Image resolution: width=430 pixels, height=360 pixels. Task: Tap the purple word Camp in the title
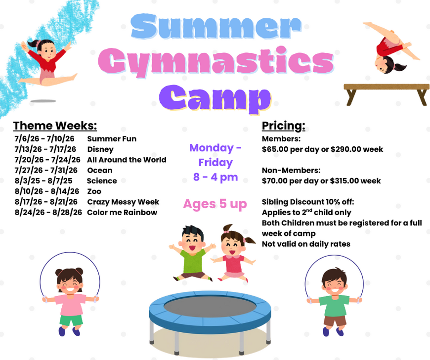(x=215, y=98)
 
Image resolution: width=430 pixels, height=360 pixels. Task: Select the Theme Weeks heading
(x=55, y=126)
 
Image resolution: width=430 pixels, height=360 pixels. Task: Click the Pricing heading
(x=284, y=126)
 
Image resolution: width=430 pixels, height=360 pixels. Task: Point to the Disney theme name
(x=100, y=149)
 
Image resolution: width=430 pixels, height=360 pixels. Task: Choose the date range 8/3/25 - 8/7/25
(x=43, y=181)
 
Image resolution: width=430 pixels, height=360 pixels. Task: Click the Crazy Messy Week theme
(x=123, y=202)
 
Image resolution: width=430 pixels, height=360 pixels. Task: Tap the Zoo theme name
(x=94, y=191)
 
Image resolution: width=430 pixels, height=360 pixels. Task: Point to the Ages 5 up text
(x=215, y=204)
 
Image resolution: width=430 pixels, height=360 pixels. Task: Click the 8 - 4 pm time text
(x=215, y=177)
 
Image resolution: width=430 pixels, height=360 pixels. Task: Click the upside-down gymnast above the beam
(x=391, y=48)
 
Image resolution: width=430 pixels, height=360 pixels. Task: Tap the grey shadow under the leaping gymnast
(x=43, y=101)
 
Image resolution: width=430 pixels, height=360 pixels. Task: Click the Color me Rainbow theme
(x=122, y=212)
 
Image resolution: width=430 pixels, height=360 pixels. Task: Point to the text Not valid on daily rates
(x=306, y=244)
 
